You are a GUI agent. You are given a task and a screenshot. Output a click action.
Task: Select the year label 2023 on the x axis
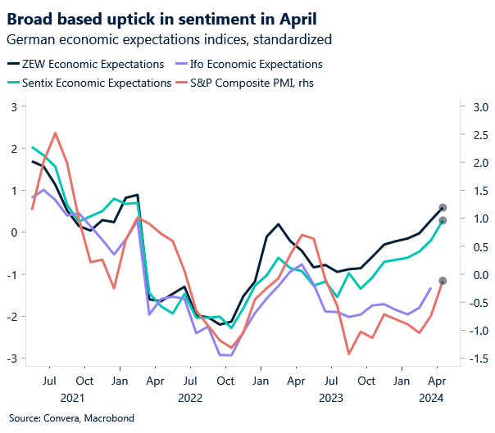coord(332,398)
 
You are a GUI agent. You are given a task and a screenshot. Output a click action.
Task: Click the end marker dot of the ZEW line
coord(443,208)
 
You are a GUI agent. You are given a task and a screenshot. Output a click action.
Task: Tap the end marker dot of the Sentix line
coord(443,220)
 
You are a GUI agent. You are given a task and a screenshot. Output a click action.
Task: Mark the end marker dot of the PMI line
coord(443,281)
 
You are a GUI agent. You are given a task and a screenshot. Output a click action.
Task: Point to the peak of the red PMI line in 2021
coord(55,133)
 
